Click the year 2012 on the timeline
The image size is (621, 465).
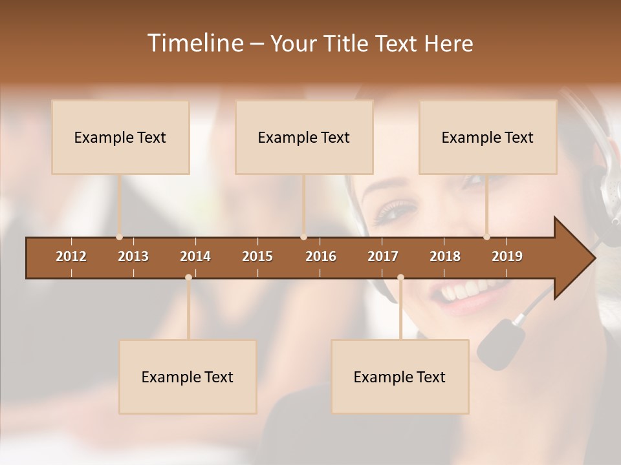[71, 256]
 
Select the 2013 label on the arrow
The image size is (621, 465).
[133, 256]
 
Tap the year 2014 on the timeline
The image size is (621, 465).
[195, 256]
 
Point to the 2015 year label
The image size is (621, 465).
[257, 256]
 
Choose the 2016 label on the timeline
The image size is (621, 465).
[321, 256]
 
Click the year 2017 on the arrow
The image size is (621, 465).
[383, 256]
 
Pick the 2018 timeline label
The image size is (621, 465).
[445, 256]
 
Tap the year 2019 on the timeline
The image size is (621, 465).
[507, 256]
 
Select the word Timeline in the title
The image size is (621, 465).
[195, 43]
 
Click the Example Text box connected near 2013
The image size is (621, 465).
[120, 137]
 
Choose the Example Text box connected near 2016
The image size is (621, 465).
[304, 137]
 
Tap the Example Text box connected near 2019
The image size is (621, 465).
[488, 137]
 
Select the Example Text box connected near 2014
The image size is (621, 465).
[188, 377]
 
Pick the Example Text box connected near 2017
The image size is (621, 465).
[400, 377]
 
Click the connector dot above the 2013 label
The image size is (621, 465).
[119, 237]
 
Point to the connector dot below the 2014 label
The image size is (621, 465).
[188, 277]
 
